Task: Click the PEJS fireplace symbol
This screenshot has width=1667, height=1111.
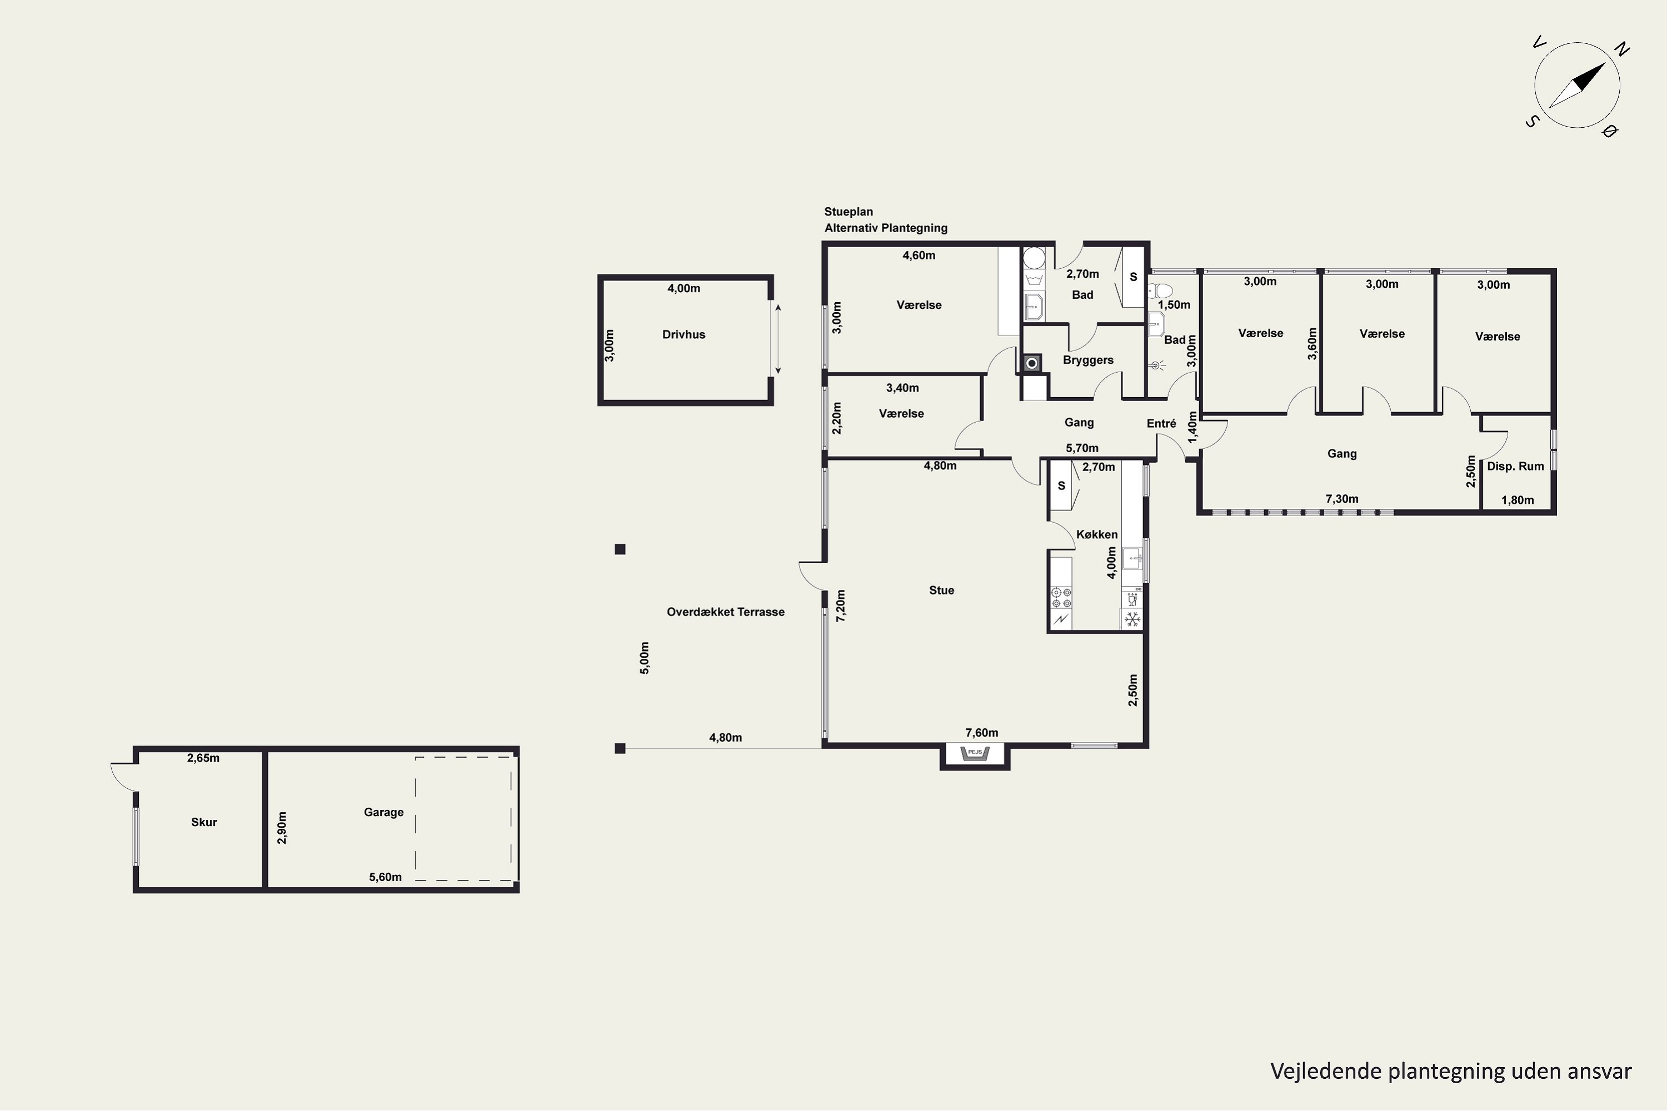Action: pyautogui.click(x=975, y=753)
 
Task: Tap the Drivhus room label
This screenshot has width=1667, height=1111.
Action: pyautogui.click(x=683, y=334)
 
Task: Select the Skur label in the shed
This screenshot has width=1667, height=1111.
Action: pyautogui.click(x=204, y=822)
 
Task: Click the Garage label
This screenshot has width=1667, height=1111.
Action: pyautogui.click(x=383, y=812)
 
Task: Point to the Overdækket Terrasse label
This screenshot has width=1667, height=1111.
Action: pyautogui.click(x=726, y=612)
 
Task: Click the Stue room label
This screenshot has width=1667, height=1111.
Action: pyautogui.click(x=941, y=590)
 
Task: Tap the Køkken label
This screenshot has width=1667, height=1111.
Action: pyautogui.click(x=1096, y=534)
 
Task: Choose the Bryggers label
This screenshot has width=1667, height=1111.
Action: pyautogui.click(x=1088, y=360)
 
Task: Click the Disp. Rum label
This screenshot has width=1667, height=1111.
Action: pyautogui.click(x=1515, y=466)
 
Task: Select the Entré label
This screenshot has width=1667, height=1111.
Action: pyautogui.click(x=1161, y=423)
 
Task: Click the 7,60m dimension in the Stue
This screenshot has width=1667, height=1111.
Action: pyautogui.click(x=982, y=733)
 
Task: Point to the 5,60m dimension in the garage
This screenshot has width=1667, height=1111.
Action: pyautogui.click(x=385, y=877)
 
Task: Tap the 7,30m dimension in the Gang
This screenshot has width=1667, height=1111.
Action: pyautogui.click(x=1342, y=499)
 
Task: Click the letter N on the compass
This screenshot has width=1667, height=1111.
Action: pyautogui.click(x=1621, y=49)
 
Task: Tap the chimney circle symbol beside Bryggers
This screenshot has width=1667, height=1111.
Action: pyautogui.click(x=1032, y=363)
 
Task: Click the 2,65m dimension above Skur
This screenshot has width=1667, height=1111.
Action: pyautogui.click(x=203, y=758)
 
